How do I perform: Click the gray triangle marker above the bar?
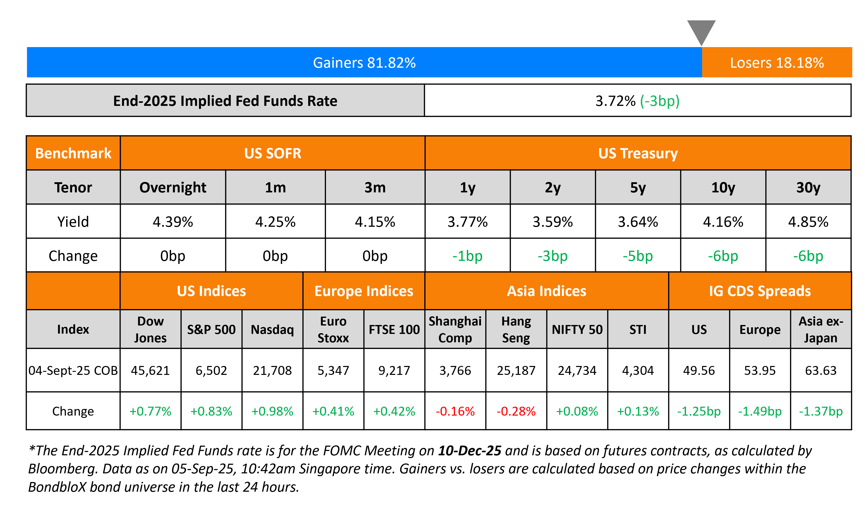tap(701, 31)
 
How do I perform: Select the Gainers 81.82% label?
tap(364, 63)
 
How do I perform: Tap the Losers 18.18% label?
tap(777, 63)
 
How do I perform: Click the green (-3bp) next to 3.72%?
tap(660, 101)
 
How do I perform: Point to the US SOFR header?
tap(272, 153)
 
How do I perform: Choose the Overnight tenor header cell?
tap(173, 187)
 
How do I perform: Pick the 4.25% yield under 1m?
tap(275, 222)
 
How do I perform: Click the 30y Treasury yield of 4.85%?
tap(808, 222)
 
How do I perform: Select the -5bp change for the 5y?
tap(637, 256)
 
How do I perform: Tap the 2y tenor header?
tap(552, 187)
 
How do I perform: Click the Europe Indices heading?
tap(364, 291)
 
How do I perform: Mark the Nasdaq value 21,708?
tap(272, 370)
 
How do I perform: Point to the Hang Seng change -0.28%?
tap(516, 411)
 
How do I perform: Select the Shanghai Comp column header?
tap(455, 329)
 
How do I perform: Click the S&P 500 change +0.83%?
tap(211, 411)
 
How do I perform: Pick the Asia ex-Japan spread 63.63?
tap(821, 370)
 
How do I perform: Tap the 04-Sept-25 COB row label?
tap(73, 370)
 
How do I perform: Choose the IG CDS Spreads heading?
tap(760, 291)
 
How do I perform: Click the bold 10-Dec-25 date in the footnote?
tap(470, 451)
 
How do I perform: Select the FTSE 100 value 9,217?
tap(394, 370)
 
